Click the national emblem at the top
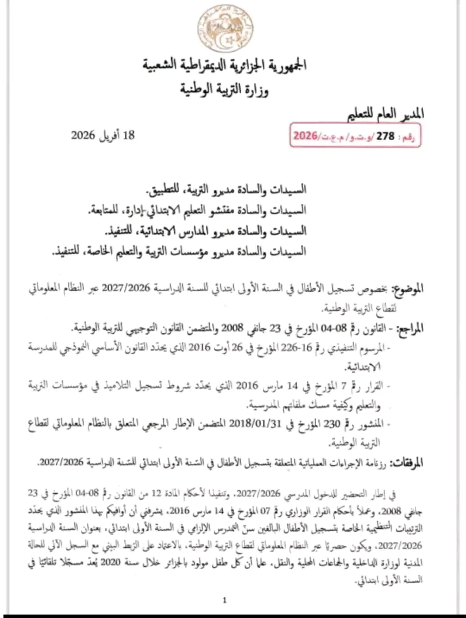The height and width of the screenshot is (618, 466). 225,28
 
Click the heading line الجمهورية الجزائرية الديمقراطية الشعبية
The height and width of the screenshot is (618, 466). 225,66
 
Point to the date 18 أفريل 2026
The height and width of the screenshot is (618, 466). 103,135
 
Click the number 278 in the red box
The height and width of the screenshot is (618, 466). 385,137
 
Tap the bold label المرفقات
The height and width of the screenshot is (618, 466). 407,463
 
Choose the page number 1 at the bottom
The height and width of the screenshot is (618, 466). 225,600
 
